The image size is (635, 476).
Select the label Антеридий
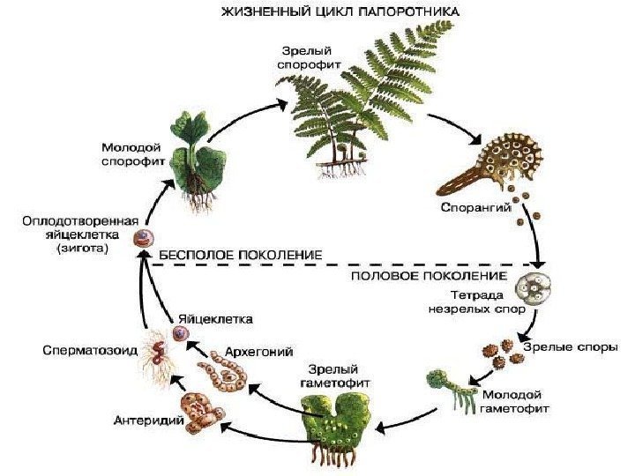[x=148, y=420]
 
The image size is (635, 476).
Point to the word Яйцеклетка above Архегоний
[x=216, y=317]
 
